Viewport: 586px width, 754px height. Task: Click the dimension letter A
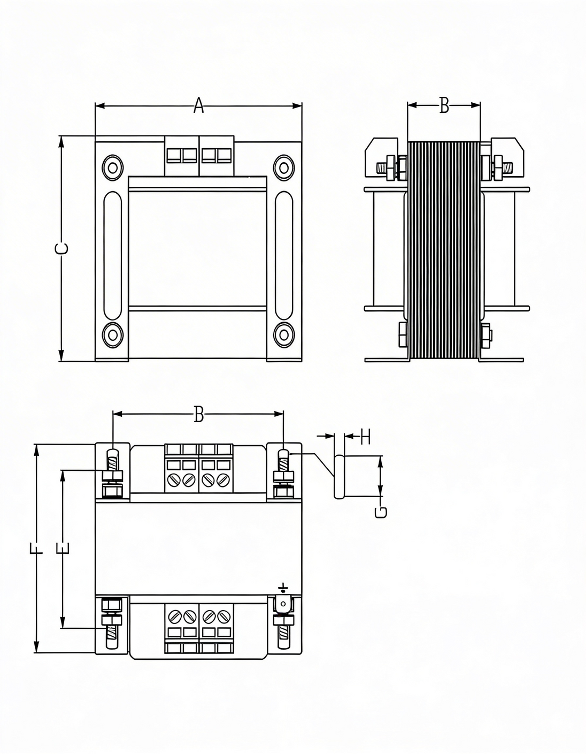pyautogui.click(x=198, y=105)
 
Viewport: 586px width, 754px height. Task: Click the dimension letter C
pyautogui.click(x=62, y=248)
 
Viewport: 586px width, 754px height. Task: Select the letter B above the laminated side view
pyautogui.click(x=444, y=106)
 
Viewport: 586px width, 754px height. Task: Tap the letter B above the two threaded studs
pyautogui.click(x=198, y=414)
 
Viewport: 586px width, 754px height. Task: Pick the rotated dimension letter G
pyautogui.click(x=381, y=512)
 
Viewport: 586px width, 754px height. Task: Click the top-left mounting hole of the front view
pyautogui.click(x=113, y=168)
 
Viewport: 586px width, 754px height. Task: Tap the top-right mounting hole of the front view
pyautogui.click(x=283, y=168)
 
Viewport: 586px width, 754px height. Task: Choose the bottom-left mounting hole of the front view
pyautogui.click(x=113, y=335)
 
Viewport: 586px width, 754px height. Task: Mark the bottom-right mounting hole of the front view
pyautogui.click(x=283, y=335)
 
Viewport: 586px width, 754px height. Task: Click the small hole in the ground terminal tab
pyautogui.click(x=283, y=604)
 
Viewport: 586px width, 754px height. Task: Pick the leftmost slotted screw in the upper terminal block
pyautogui.click(x=174, y=480)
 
